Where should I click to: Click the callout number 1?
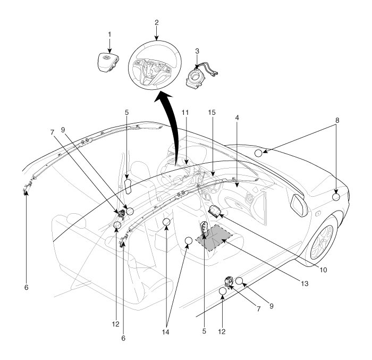tap(109, 34)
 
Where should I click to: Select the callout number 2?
tap(157, 23)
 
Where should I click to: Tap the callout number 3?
tap(197, 52)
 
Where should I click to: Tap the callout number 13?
tap(304, 284)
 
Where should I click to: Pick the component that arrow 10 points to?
tap(216, 211)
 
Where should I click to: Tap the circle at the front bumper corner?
tap(336, 197)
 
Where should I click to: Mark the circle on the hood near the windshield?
tap(258, 154)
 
